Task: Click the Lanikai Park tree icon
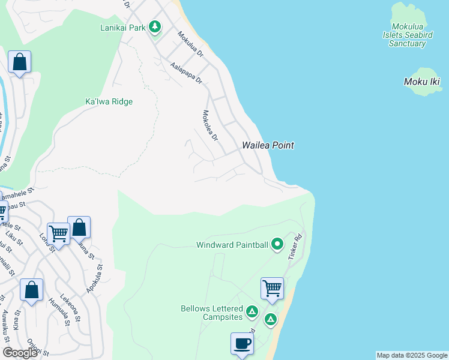tap(155, 27)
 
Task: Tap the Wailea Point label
tap(268, 145)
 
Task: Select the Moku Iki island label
tap(423, 82)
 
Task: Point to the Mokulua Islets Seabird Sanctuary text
tap(411, 35)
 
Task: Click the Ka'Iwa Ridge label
tap(109, 101)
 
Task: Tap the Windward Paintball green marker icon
tap(277, 244)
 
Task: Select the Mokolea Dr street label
tap(209, 125)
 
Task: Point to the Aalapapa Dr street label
tap(185, 73)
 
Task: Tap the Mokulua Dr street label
tap(190, 44)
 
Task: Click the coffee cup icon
tap(242, 344)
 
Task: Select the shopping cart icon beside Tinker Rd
tap(272, 288)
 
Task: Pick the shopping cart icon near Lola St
tap(58, 233)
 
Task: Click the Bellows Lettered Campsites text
tap(211, 313)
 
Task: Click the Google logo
tap(20, 352)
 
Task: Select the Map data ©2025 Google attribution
tap(412, 355)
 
